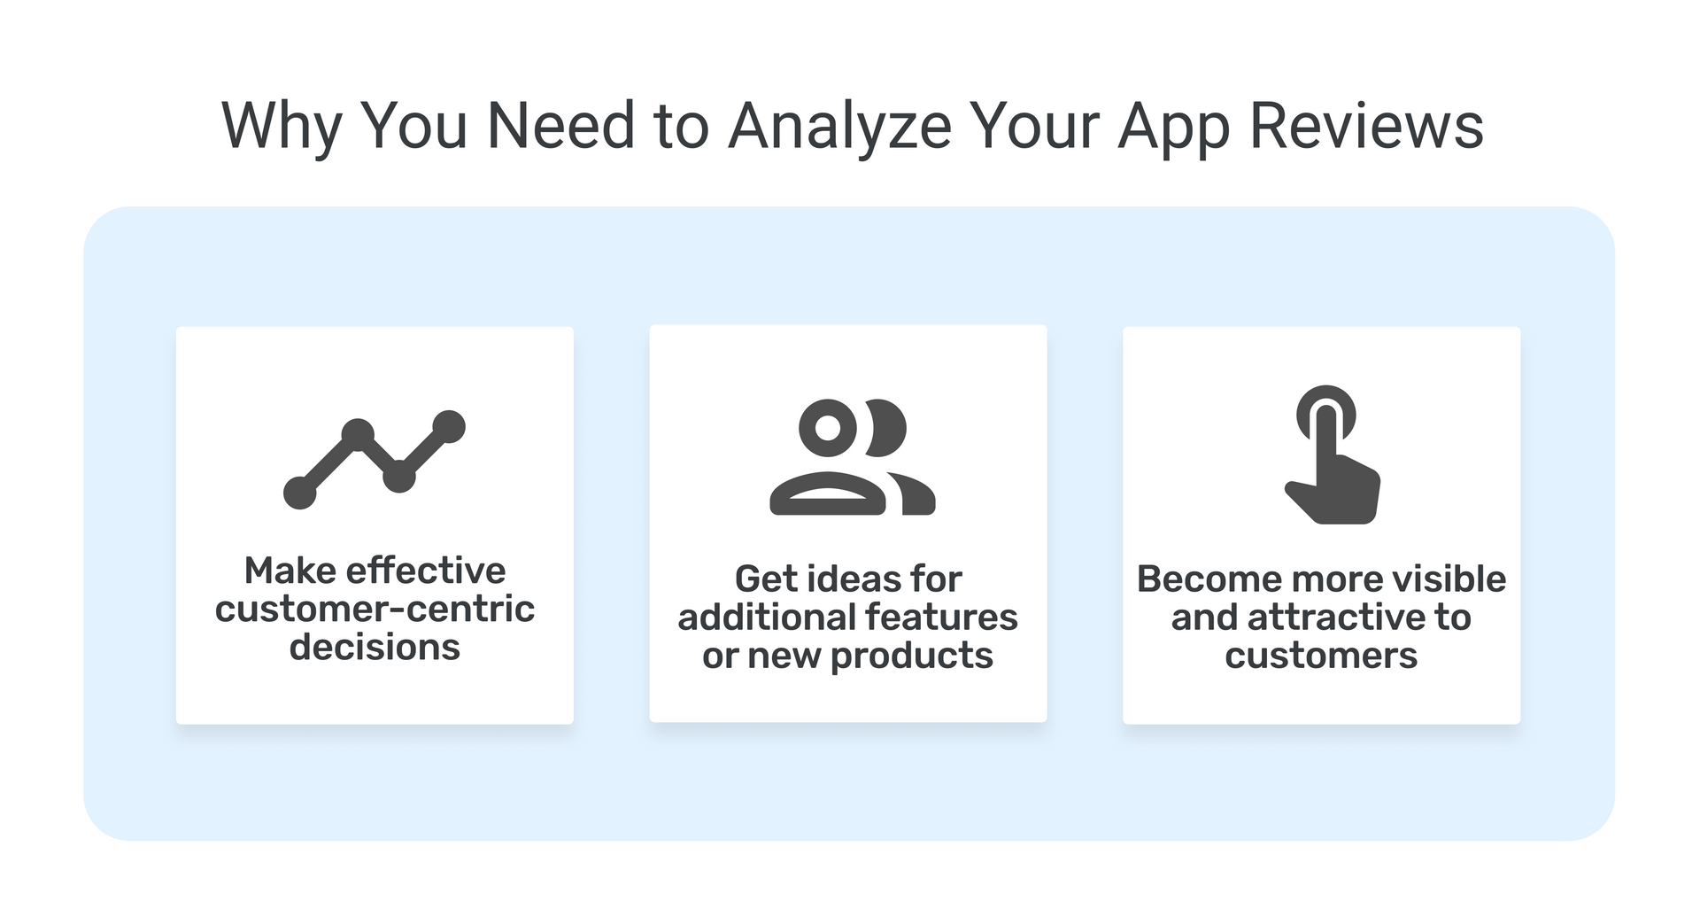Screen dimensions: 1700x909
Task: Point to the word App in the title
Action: tap(1173, 129)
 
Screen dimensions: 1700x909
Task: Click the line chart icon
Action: tap(375, 460)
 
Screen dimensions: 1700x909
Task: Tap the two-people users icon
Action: tap(852, 456)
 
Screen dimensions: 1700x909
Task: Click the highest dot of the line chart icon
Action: tap(450, 426)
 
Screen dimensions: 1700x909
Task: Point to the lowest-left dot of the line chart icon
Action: tap(299, 493)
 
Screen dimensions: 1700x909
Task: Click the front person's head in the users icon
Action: tap(828, 427)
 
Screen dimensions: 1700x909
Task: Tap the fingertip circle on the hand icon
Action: tap(1325, 413)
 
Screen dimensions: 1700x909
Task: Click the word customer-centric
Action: tap(375, 610)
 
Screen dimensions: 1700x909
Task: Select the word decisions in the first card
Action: tap(375, 648)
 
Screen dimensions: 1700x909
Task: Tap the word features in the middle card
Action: tap(941, 618)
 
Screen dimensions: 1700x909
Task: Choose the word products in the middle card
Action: tap(912, 656)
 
